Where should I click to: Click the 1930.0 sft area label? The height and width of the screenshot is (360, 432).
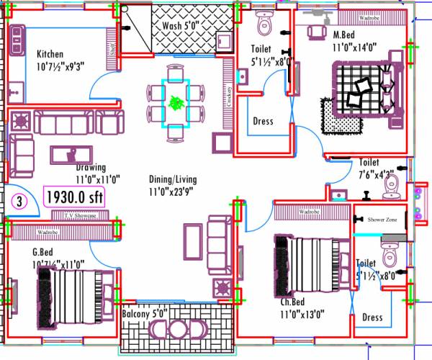tap(75, 197)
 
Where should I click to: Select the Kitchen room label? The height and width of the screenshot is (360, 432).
tap(50, 54)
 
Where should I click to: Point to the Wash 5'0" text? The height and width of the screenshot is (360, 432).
tap(181, 25)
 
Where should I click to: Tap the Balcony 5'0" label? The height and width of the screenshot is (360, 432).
tap(144, 315)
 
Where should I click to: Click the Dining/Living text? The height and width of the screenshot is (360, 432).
tap(173, 179)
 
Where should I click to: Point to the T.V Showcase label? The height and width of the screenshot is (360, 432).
tap(80, 215)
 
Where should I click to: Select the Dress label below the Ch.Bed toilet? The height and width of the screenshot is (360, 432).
tap(372, 318)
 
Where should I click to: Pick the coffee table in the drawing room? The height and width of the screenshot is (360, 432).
tap(71, 153)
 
